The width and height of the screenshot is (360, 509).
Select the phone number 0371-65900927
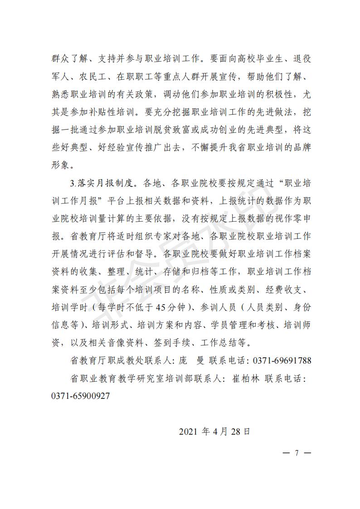click(81, 396)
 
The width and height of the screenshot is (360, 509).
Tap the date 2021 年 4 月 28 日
click(214, 431)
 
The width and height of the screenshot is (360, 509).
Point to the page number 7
click(297, 453)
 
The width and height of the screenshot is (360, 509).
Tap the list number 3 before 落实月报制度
click(73, 184)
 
